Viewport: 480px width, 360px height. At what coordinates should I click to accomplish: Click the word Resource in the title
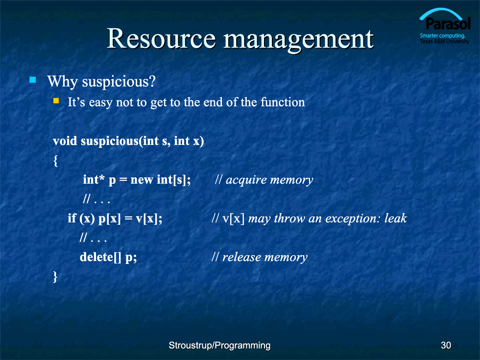(161, 39)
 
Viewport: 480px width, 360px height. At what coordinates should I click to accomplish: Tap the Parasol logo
(445, 26)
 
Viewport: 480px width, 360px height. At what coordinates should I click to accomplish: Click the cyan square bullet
(33, 80)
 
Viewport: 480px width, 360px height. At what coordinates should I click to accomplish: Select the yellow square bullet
(56, 101)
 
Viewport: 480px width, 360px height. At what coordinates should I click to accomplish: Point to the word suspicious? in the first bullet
(119, 82)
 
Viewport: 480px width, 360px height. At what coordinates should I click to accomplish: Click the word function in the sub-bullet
(283, 102)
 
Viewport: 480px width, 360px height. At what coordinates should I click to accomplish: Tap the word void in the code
(65, 141)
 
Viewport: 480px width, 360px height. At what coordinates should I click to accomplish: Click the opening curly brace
(55, 161)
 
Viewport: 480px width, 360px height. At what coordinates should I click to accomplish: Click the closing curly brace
(55, 277)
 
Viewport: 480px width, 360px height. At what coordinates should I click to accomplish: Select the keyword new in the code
(142, 180)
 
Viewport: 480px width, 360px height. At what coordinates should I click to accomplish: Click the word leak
(396, 218)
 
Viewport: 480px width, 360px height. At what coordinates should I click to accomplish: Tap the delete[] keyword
(100, 257)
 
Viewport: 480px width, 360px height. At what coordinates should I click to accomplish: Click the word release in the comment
(241, 257)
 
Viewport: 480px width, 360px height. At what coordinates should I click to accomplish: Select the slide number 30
(446, 345)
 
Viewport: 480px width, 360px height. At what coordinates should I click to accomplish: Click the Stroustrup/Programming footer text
(219, 346)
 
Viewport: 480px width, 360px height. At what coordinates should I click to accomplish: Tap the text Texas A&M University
(445, 41)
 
